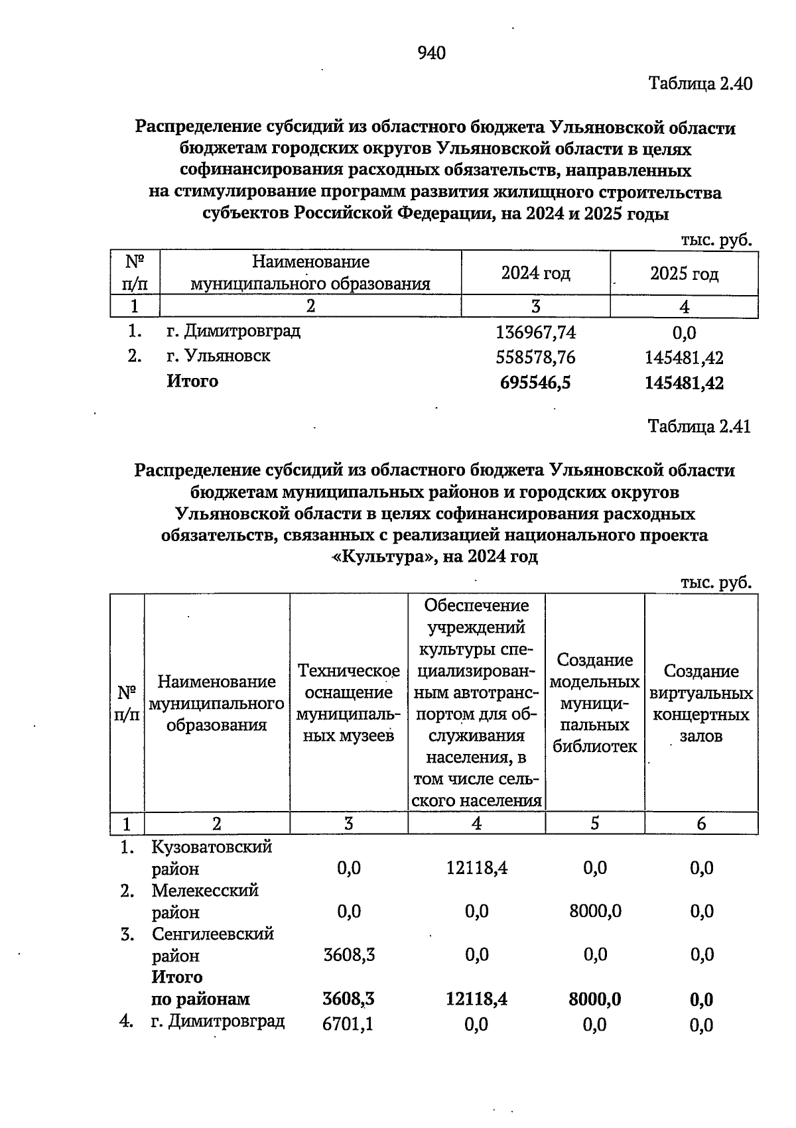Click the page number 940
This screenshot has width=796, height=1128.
[x=432, y=53]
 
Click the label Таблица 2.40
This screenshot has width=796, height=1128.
[x=700, y=84]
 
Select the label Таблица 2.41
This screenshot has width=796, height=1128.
[x=699, y=426]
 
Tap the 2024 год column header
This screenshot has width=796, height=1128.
[x=535, y=273]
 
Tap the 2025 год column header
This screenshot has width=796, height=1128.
[x=684, y=274]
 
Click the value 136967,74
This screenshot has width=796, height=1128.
[x=536, y=332]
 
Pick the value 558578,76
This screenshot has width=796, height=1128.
[x=536, y=357]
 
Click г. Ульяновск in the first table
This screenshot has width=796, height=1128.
[x=218, y=356]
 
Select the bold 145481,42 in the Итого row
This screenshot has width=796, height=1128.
[x=684, y=383]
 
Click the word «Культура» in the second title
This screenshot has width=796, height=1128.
[x=381, y=556]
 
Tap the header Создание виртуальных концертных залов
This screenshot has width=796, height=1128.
[x=701, y=704]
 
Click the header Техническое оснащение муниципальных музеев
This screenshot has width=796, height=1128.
[x=348, y=703]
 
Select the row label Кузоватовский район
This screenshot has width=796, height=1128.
[x=211, y=857]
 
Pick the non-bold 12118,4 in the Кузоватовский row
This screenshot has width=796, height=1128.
[x=477, y=868]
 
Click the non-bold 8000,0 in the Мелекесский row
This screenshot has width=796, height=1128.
[x=595, y=911]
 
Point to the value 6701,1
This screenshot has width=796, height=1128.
[x=348, y=1025]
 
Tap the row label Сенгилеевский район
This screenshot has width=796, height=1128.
[x=212, y=944]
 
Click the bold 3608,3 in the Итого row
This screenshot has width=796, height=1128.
[x=348, y=999]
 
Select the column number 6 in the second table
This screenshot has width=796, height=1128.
[x=701, y=824]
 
